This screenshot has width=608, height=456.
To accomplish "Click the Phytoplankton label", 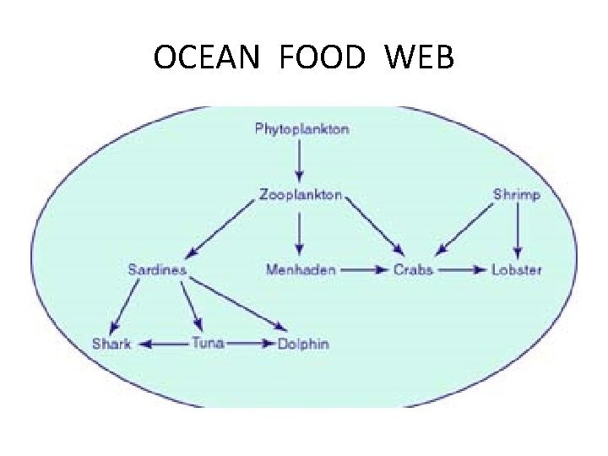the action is (301, 129).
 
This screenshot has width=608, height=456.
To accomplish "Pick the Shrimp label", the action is (517, 195).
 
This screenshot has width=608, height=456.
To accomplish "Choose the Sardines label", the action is (157, 270).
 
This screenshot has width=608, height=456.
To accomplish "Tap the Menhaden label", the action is (301, 270).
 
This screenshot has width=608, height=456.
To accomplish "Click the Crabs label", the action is (414, 270).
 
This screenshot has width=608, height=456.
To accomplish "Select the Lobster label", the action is (517, 270).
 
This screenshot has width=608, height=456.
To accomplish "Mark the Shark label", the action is (112, 344).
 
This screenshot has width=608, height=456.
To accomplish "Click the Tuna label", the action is (207, 344).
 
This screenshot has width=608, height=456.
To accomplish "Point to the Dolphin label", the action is (303, 344).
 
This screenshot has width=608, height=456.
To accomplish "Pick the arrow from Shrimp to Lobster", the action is (517, 232).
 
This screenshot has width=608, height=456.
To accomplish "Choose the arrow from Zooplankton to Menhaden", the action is (300, 233).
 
